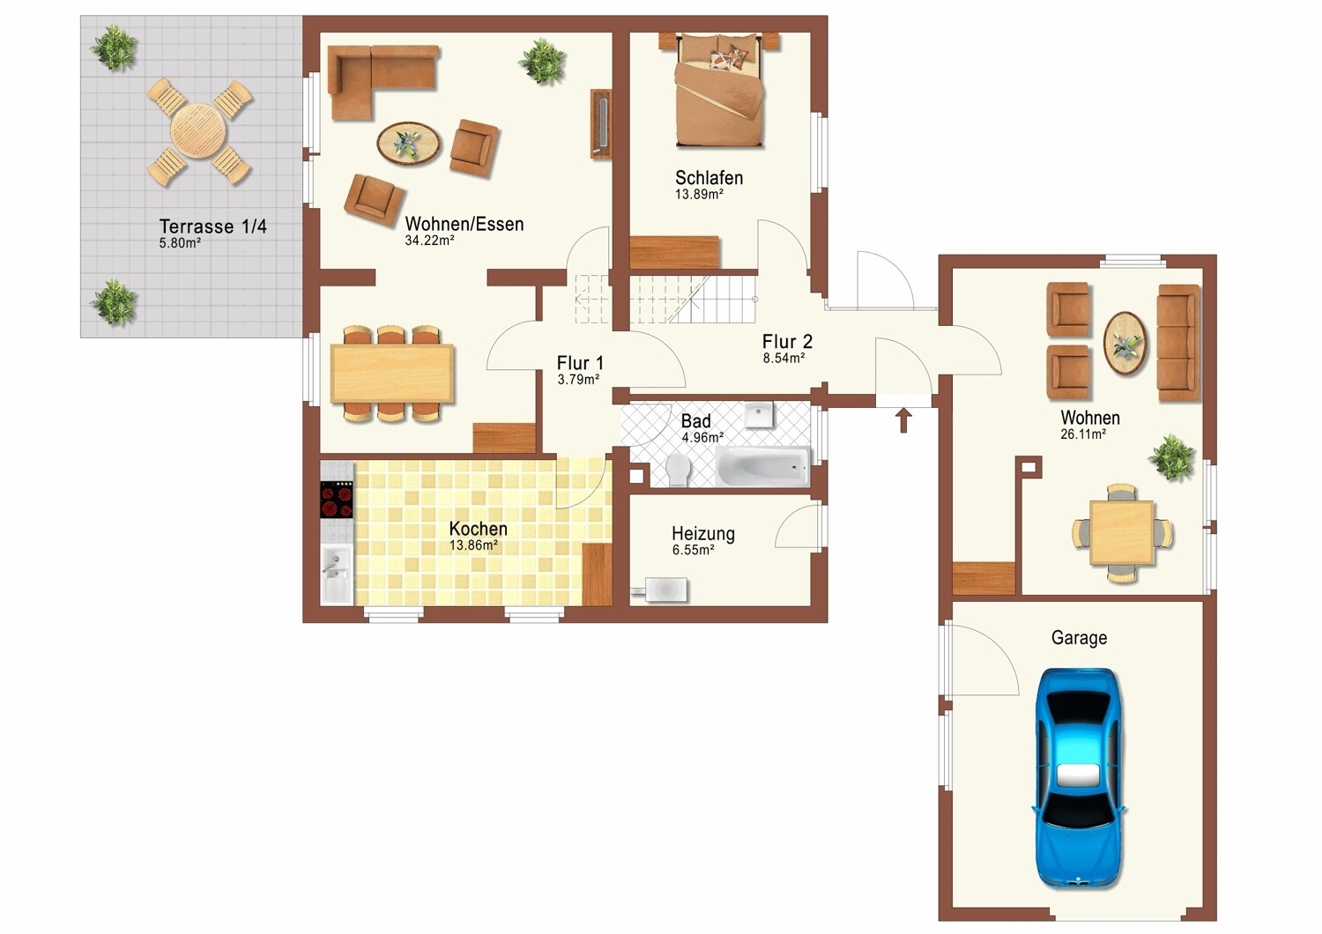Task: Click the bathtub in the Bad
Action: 763,466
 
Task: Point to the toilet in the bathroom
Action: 679,470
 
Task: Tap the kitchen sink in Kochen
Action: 337,574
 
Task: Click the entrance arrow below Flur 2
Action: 903,420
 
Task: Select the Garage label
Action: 1079,639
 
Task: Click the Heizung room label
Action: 703,534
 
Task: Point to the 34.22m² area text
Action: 429,241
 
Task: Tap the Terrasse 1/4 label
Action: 213,226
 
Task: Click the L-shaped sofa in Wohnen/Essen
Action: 382,81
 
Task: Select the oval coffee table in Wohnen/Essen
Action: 408,144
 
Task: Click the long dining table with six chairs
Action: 392,374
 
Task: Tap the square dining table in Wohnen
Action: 1122,533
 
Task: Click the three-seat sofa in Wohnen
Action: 1178,343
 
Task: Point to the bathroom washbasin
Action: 759,414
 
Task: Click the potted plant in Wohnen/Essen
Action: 542,62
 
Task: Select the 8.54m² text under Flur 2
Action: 784,358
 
